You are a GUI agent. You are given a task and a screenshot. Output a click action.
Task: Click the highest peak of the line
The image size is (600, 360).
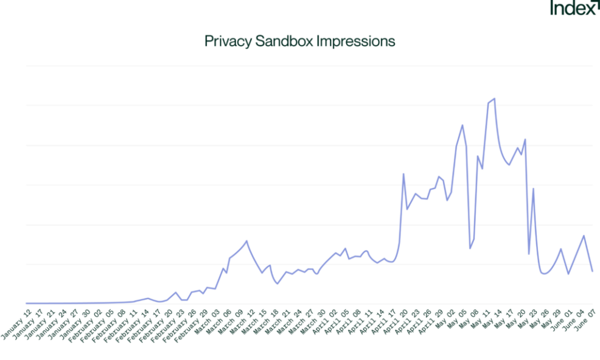pyautogui.click(x=494, y=99)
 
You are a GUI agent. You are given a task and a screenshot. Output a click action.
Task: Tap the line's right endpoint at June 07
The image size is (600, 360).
pyautogui.click(x=592, y=271)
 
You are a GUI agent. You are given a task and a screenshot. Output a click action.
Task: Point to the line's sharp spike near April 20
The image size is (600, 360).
pyautogui.click(x=403, y=174)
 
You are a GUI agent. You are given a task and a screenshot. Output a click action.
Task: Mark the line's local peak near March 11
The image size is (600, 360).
pyautogui.click(x=246, y=241)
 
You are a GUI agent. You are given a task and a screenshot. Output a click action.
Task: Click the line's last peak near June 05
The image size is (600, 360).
pyautogui.click(x=584, y=235)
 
